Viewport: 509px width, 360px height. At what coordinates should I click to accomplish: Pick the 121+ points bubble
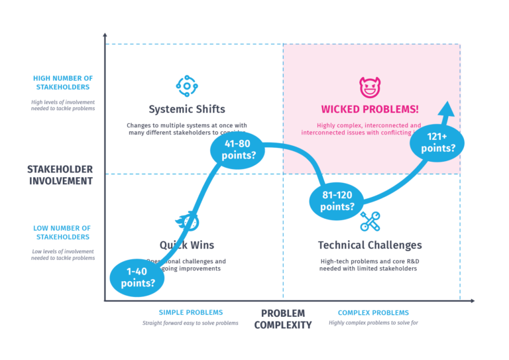click(441, 143)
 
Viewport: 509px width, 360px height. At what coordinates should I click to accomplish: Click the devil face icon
click(368, 86)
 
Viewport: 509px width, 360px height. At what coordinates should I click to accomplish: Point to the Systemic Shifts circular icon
click(186, 86)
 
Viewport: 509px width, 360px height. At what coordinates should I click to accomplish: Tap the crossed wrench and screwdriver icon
click(370, 221)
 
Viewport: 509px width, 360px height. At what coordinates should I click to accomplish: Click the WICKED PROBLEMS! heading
click(370, 109)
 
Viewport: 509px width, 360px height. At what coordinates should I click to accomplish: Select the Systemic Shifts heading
click(187, 109)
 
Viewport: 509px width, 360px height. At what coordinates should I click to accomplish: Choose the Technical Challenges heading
click(370, 245)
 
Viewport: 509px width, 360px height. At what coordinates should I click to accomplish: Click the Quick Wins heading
click(187, 245)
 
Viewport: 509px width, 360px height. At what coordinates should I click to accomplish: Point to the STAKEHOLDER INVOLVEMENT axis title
click(60, 175)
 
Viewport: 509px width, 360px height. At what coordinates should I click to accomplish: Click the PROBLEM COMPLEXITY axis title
click(283, 319)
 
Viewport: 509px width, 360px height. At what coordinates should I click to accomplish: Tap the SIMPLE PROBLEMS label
click(191, 312)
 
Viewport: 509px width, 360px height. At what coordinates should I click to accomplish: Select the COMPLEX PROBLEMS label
click(373, 312)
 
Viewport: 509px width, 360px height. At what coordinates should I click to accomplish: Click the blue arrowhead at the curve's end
click(448, 109)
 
